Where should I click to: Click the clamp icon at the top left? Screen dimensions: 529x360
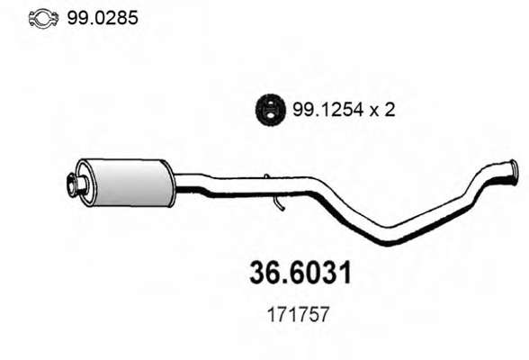pyautogui.click(x=43, y=18)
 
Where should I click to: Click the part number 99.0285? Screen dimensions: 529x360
pyautogui.click(x=103, y=17)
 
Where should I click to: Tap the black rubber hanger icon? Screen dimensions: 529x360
pyautogui.click(x=270, y=108)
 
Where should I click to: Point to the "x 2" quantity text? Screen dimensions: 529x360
pyautogui.click(x=381, y=110)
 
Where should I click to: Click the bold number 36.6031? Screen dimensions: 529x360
pyautogui.click(x=300, y=273)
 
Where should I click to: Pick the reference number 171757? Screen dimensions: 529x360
pyautogui.click(x=298, y=315)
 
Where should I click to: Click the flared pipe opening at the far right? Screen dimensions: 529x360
pyautogui.click(x=513, y=172)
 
